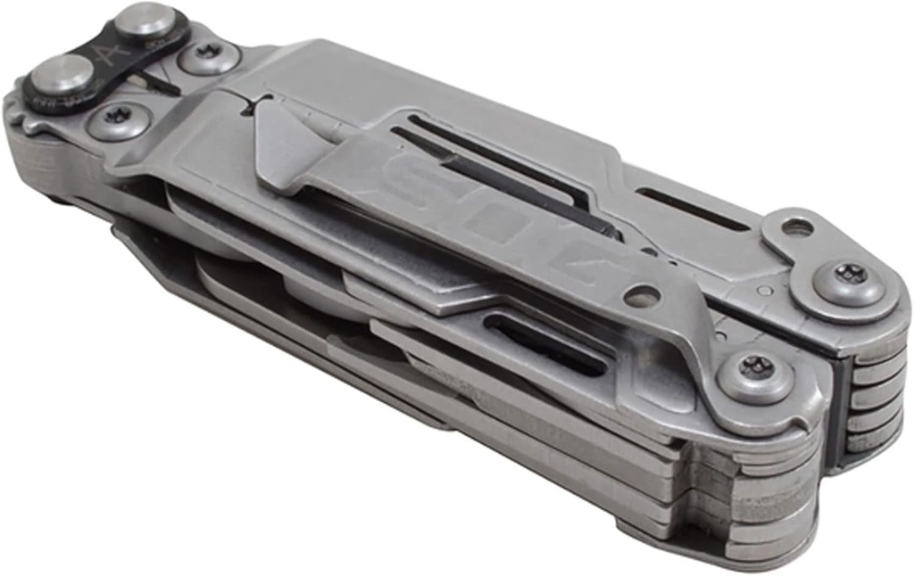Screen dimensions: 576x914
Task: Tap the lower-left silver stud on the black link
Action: [x=60, y=75]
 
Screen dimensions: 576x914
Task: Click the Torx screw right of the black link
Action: [x=209, y=55]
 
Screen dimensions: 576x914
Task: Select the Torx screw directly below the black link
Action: [x=118, y=118]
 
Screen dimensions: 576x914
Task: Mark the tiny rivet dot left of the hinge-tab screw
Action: [x=766, y=290]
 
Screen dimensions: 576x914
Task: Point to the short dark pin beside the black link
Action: [x=161, y=83]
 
